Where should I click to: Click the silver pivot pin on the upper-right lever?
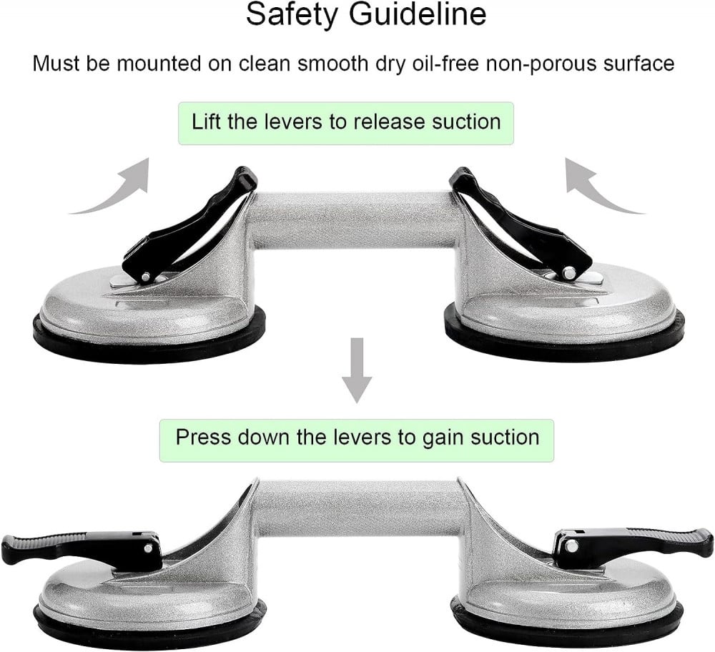569,272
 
